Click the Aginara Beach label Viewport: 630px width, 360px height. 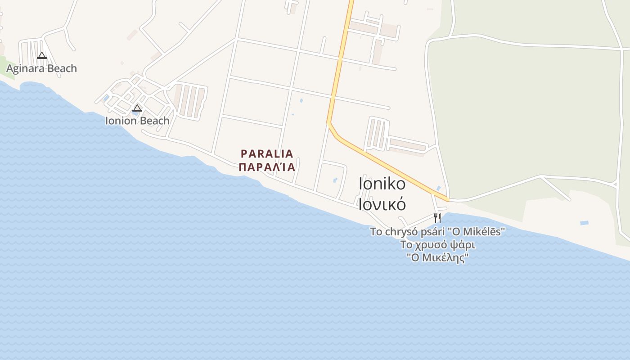point(41,68)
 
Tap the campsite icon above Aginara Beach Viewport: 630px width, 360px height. point(42,56)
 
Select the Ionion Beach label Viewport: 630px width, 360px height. point(137,121)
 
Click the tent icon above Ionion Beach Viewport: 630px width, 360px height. point(137,108)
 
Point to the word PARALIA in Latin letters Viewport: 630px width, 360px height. point(267,153)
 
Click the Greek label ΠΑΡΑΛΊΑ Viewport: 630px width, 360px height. point(267,167)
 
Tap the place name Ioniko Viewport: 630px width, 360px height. point(382,184)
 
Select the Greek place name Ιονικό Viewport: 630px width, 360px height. point(382,204)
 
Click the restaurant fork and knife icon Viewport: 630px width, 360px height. point(437,218)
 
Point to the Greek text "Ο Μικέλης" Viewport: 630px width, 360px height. point(437,258)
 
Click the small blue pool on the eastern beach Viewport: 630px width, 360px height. point(584,223)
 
